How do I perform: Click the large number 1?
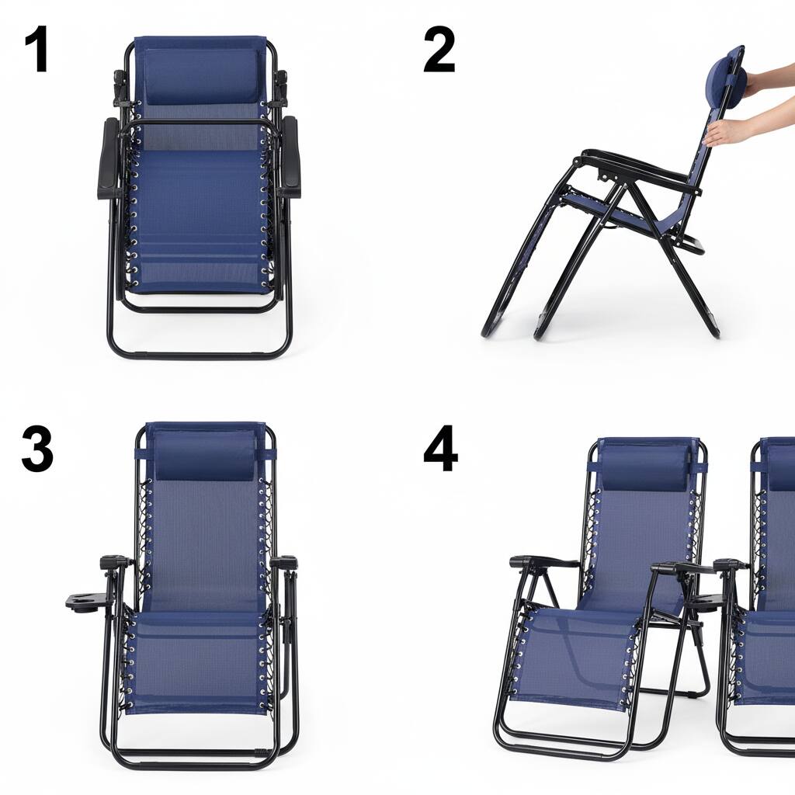pos(37,49)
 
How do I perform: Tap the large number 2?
pos(439,50)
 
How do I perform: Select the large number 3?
pos(37,450)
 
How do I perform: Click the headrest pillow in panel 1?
pos(201,76)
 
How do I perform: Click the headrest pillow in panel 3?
pos(204,455)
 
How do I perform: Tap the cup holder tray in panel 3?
pos(86,602)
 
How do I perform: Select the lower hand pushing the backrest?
pos(745,130)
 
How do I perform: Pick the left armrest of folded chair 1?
pos(109,158)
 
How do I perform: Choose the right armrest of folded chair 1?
pos(290,156)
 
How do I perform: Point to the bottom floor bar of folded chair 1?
pos(200,354)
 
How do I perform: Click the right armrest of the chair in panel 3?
pos(284,562)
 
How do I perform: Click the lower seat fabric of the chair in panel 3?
pos(199,661)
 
